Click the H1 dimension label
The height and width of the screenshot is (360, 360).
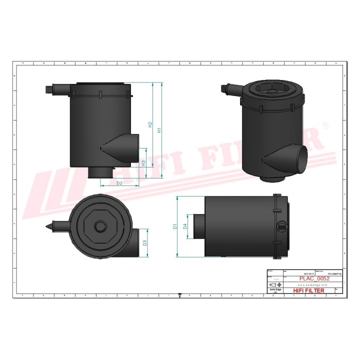159,130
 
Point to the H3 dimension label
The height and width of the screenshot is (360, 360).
143,163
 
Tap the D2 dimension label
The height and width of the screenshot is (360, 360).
119,184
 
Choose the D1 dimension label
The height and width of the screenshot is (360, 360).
175,226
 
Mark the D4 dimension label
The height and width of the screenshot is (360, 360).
185,226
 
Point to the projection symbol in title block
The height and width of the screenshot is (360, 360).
273,284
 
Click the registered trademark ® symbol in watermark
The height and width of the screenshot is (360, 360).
326,125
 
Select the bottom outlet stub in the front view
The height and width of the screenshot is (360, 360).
100,172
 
